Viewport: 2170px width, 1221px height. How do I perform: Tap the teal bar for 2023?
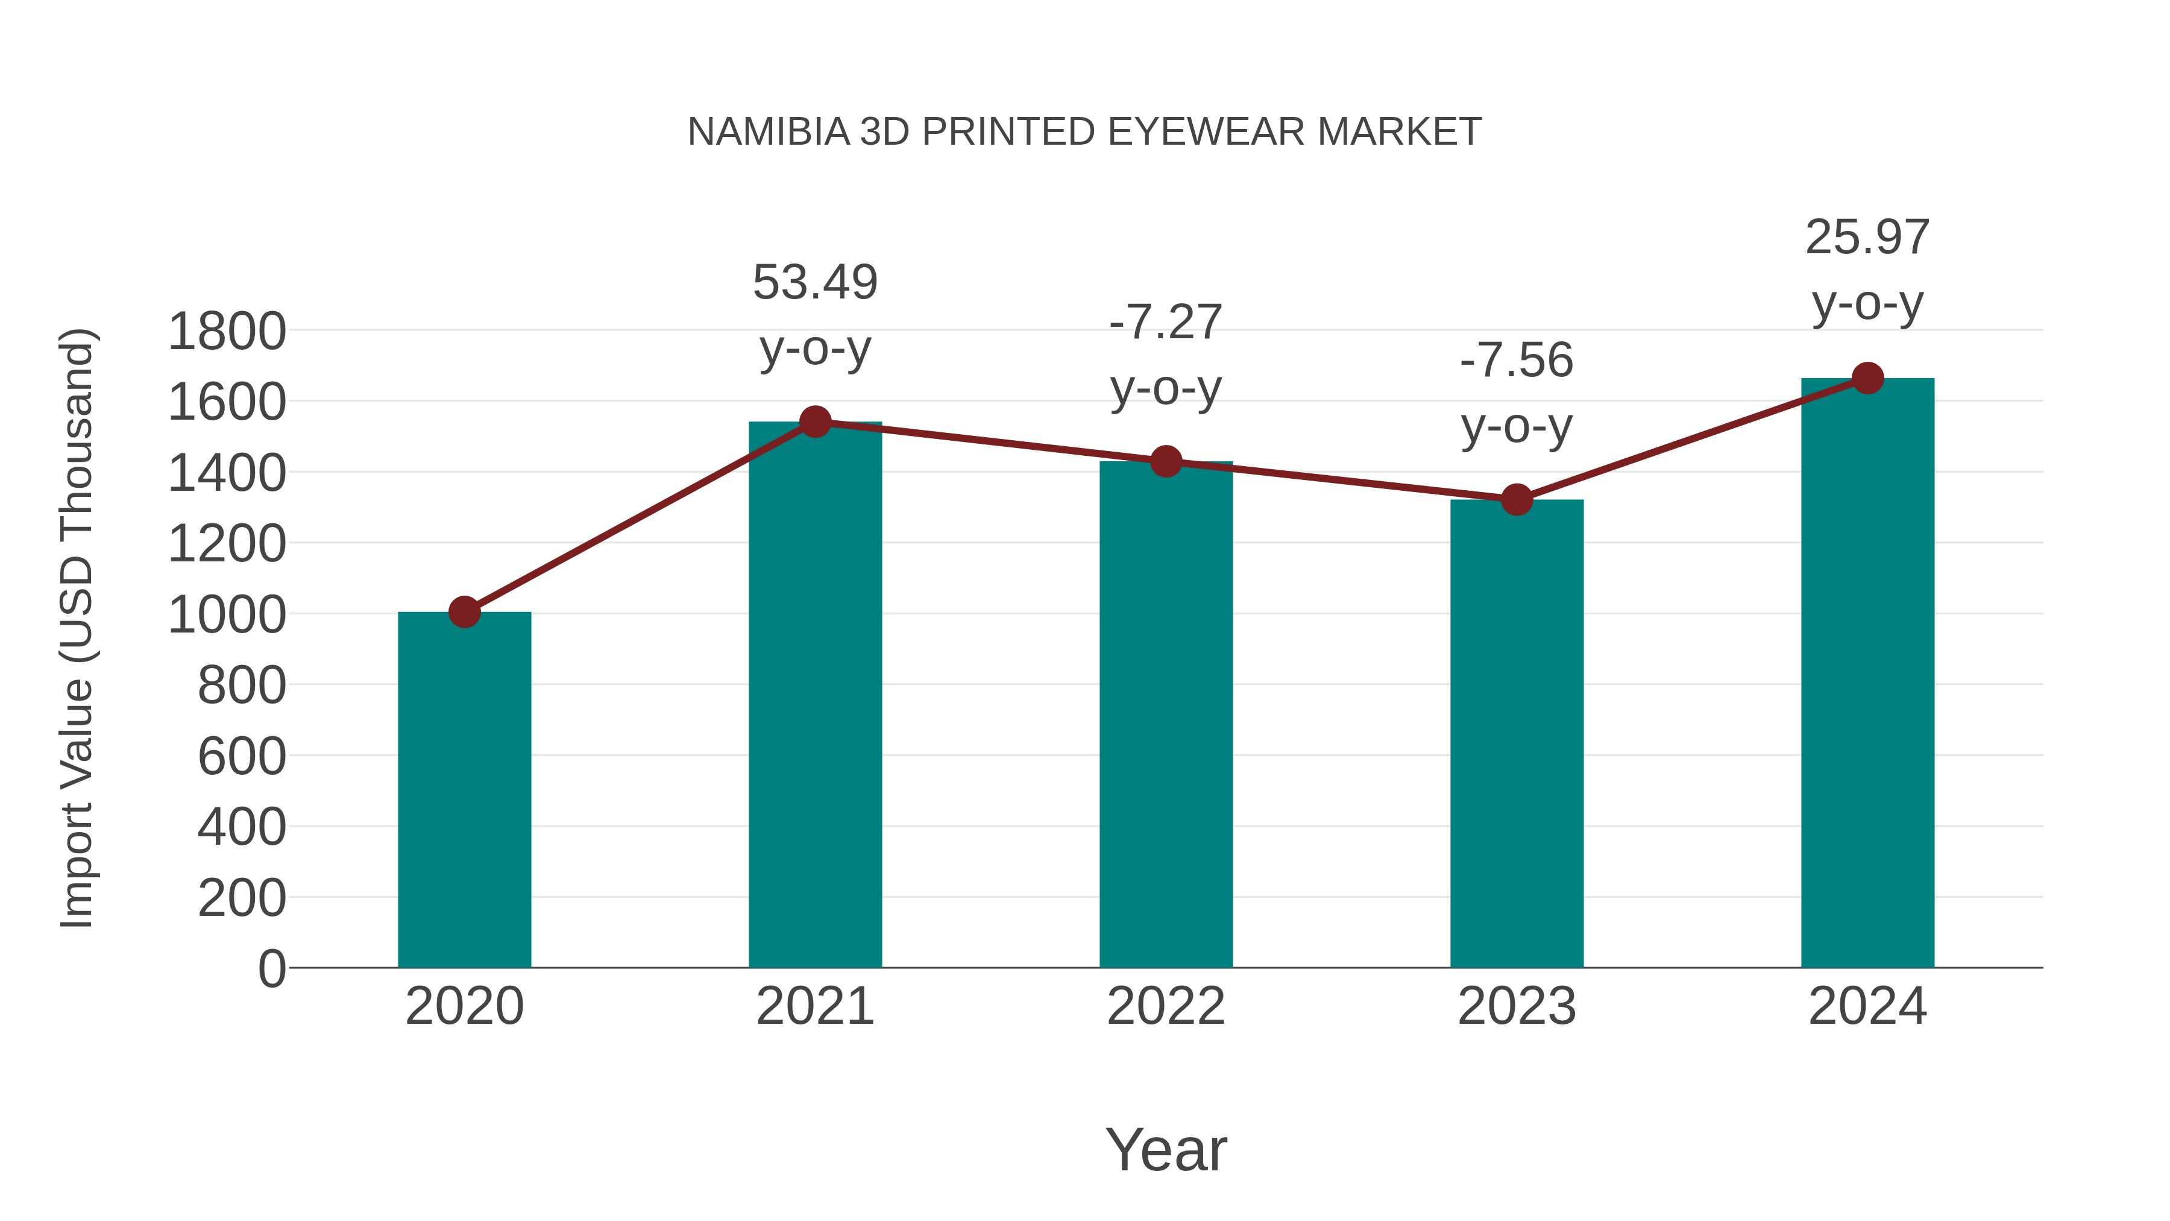pyautogui.click(x=1517, y=733)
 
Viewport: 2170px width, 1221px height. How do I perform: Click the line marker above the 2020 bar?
pyautogui.click(x=464, y=612)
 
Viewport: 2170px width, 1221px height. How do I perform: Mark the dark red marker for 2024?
pyautogui.click(x=1867, y=378)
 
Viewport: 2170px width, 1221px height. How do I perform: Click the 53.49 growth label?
pyautogui.click(x=814, y=282)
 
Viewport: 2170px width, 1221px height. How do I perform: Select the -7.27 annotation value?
pyautogui.click(x=1166, y=322)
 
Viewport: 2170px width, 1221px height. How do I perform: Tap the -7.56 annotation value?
pyautogui.click(x=1517, y=361)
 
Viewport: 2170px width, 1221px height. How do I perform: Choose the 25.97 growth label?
pyautogui.click(x=1867, y=238)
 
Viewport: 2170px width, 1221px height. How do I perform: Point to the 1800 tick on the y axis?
pyautogui.click(x=227, y=331)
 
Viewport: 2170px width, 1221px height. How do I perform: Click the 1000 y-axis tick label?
pyautogui.click(x=227, y=614)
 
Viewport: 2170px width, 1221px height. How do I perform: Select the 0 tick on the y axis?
pyautogui.click(x=272, y=968)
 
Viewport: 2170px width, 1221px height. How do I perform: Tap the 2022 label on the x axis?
pyautogui.click(x=1166, y=1006)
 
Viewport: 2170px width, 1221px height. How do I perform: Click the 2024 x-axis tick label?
pyautogui.click(x=1867, y=1006)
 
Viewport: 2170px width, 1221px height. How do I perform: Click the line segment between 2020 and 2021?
pyautogui.click(x=640, y=517)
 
